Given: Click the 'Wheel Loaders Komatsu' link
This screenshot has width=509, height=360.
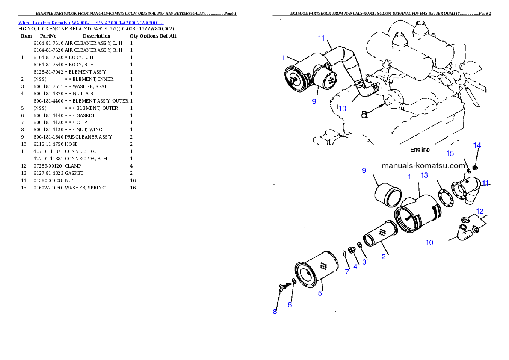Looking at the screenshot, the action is click(44, 23).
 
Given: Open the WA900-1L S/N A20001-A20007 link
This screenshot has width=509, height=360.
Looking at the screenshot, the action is click(118, 23).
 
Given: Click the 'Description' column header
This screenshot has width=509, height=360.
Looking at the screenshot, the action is click(96, 36).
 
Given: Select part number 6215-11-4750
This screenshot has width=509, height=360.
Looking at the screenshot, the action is click(48, 144).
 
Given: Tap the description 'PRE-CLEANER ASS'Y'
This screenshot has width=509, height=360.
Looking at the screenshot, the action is click(88, 137).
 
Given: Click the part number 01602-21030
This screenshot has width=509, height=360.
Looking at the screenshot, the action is click(48, 188).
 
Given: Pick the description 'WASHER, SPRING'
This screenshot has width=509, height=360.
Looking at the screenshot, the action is click(85, 188).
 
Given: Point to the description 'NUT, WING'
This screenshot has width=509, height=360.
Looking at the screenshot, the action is click(89, 130).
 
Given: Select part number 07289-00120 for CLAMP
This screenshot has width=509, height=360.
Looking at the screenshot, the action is click(48, 166).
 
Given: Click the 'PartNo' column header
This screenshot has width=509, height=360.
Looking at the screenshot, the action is click(48, 36).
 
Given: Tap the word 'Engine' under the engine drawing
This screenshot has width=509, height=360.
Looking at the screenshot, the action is click(420, 150).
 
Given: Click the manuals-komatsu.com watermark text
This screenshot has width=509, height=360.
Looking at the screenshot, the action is click(423, 165).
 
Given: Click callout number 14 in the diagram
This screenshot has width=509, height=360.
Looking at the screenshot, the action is click(477, 145).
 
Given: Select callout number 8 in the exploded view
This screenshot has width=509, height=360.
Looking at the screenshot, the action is click(275, 312).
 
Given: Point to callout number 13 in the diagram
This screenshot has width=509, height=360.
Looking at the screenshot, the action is click(424, 175).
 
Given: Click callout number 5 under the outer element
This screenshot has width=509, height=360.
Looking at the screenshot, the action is click(320, 293).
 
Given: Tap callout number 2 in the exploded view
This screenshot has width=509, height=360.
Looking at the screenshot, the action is click(384, 257).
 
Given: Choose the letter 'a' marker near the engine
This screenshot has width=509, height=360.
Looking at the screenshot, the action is click(364, 115).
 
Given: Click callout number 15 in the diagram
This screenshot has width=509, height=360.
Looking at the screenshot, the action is click(450, 153).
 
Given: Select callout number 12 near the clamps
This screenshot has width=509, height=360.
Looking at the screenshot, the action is click(480, 211).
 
